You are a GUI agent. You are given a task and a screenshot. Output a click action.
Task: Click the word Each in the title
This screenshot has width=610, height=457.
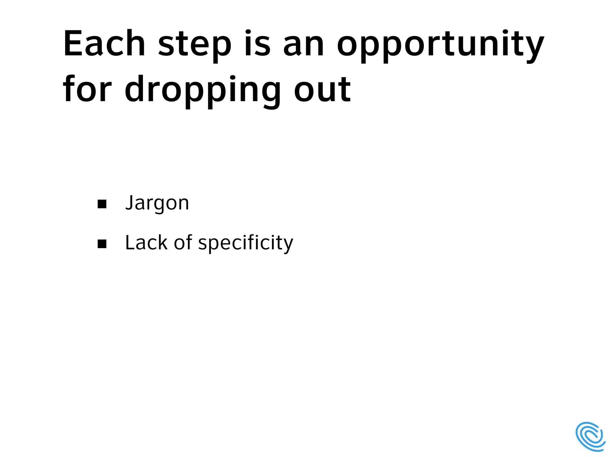click(104, 43)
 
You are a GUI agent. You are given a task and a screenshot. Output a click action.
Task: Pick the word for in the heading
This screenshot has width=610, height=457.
click(87, 89)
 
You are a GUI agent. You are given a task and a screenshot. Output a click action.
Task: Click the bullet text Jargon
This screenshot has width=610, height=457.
click(157, 203)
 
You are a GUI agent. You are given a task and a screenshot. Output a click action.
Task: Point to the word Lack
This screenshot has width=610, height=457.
click(146, 242)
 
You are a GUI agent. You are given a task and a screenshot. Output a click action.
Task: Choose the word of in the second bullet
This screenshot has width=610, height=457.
click(183, 242)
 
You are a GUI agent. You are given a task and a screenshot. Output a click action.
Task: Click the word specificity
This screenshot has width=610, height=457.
click(246, 243)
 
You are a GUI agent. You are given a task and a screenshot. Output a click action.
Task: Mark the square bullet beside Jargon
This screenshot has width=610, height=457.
click(102, 204)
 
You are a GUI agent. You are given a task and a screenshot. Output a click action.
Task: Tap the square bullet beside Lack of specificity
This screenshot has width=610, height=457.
click(102, 244)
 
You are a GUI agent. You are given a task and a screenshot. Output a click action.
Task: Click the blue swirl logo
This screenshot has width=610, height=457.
click(590, 436)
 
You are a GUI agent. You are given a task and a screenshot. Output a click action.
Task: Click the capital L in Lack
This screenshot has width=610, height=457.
click(130, 242)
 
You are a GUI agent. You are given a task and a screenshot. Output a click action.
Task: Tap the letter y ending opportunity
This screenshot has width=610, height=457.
click(535, 48)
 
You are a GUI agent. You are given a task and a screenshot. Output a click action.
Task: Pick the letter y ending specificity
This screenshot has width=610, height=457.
click(288, 245)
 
